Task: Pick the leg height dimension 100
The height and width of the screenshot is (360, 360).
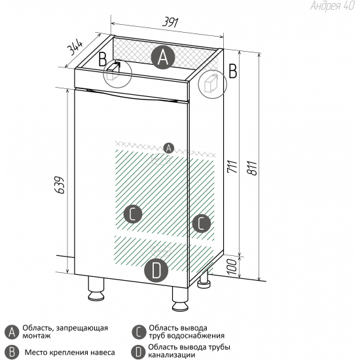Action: click(231, 267)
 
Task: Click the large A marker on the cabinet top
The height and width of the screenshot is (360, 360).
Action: click(163, 58)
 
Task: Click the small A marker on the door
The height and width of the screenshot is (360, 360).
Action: click(168, 147)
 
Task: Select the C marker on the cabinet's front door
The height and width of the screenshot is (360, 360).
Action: click(133, 213)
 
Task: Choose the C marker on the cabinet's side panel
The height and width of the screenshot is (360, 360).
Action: click(202, 224)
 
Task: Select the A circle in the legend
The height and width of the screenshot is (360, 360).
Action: click(11, 332)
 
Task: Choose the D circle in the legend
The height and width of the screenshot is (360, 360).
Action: click(138, 351)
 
